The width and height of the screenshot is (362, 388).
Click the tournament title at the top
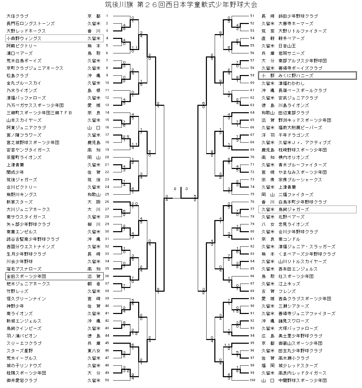point(181,5)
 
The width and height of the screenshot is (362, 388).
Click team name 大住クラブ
point(18,16)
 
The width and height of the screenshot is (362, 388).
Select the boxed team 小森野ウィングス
point(24,39)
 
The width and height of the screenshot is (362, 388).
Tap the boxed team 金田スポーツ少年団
point(26,276)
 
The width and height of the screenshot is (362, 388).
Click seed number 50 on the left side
point(107,381)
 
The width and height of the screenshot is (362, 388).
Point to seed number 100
point(252,381)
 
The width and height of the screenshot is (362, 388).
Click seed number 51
point(252,16)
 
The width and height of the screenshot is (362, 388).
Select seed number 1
point(107,16)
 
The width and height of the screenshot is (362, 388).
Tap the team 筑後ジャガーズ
point(22,180)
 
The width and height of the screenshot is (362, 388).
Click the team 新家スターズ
point(20,202)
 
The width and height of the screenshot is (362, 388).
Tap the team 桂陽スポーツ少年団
point(26,373)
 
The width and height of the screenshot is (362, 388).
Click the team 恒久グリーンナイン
point(26,299)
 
